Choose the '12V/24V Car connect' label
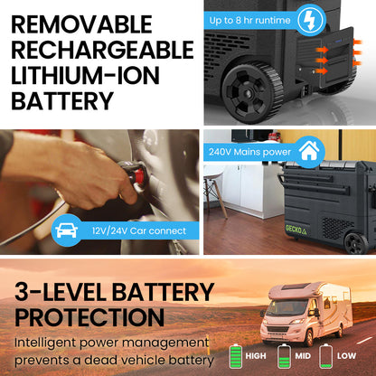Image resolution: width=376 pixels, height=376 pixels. [137, 231]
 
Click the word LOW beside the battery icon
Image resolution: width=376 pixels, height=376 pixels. [347, 357]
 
